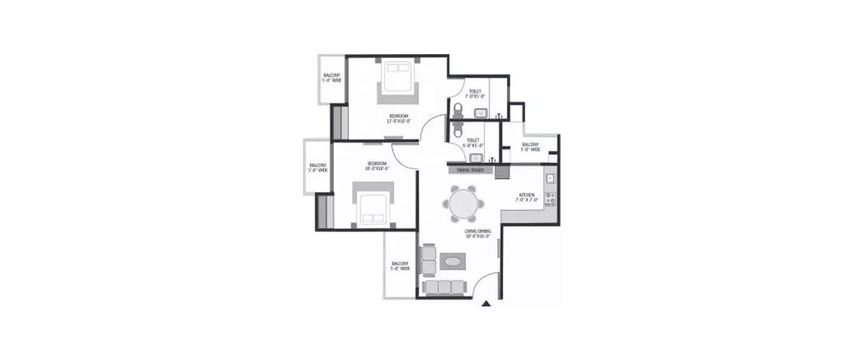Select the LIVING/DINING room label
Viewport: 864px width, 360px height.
[x=478, y=233]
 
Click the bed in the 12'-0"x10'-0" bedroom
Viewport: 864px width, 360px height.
[x=397, y=81]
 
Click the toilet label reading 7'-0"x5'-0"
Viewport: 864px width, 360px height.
[x=475, y=93]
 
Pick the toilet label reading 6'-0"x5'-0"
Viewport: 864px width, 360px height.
[x=473, y=142]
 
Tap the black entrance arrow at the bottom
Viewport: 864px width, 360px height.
[x=486, y=303]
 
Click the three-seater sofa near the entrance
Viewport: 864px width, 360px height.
[x=444, y=286]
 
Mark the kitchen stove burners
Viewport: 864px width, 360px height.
[x=550, y=199]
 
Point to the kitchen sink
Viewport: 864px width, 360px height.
[x=550, y=179]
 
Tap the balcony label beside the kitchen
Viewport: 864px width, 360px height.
[x=530, y=147]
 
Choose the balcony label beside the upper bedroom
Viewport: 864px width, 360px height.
[x=331, y=78]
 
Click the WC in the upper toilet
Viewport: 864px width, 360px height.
[x=458, y=109]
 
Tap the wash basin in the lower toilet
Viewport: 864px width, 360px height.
[x=476, y=158]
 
